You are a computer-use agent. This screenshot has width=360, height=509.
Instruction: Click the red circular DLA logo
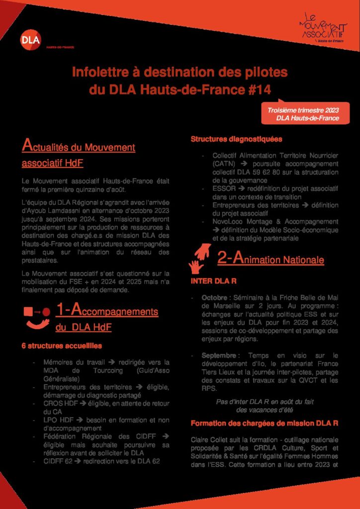pyautogui.click(x=31, y=40)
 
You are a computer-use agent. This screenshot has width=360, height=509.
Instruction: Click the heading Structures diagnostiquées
pyautogui.click(x=236, y=139)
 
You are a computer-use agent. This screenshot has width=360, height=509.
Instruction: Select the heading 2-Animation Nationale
pyautogui.click(x=270, y=259)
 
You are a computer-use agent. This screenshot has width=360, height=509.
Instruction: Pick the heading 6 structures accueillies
pyautogui.click(x=62, y=345)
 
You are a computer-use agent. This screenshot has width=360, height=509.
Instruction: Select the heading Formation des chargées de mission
pyautogui.click(x=265, y=424)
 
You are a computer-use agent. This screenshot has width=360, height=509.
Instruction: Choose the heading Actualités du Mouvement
pyautogui.click(x=79, y=147)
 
